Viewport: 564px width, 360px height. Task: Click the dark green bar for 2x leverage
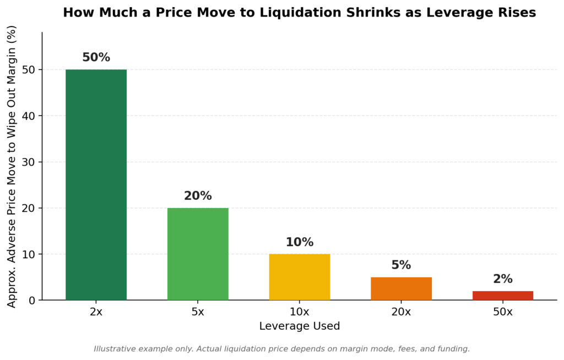click(x=96, y=185)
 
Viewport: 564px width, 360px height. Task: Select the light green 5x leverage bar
click(x=198, y=254)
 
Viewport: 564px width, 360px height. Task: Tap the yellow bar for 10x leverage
click(x=300, y=277)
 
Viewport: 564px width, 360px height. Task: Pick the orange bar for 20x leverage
click(x=401, y=288)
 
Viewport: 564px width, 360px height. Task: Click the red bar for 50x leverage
click(x=503, y=296)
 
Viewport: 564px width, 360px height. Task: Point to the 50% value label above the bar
click(x=96, y=57)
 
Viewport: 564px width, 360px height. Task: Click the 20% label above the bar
click(x=198, y=195)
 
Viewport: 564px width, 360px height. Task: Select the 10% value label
click(x=300, y=242)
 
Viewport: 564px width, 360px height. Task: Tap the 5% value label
click(x=401, y=265)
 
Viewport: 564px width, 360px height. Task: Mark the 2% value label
click(x=503, y=279)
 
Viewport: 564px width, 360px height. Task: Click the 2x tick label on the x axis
click(x=96, y=312)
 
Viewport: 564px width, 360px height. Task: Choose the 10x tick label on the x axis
click(x=300, y=312)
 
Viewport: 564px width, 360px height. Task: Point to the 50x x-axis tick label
click(x=503, y=312)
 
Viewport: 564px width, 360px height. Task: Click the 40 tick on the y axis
click(x=29, y=116)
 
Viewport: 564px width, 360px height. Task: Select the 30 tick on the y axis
click(x=29, y=162)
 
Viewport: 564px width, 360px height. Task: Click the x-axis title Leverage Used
click(x=300, y=326)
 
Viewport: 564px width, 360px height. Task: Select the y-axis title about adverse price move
click(x=12, y=166)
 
